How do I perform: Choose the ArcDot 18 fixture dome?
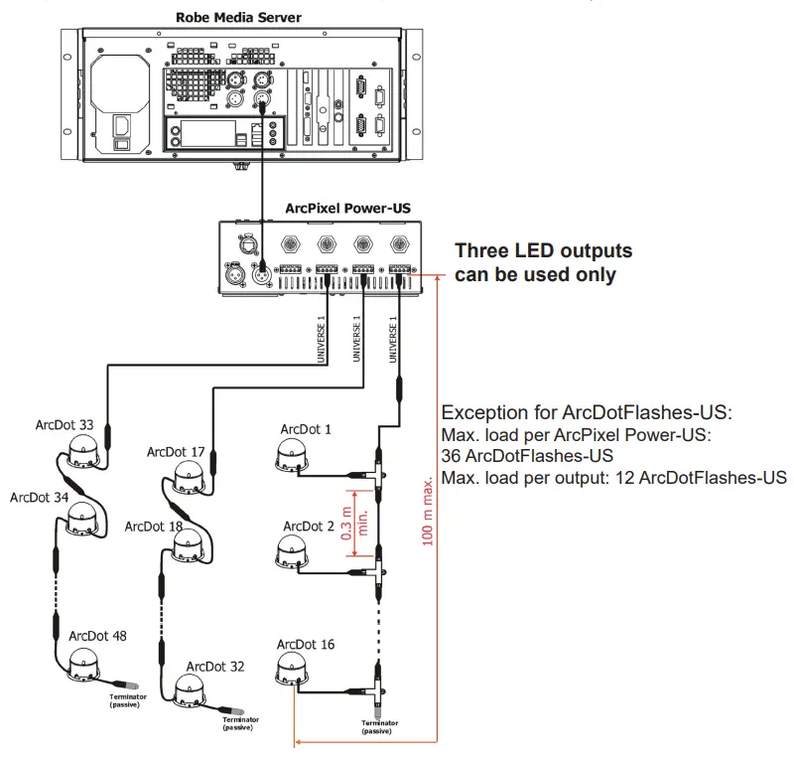pos(186,545)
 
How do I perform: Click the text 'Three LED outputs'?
pos(543,251)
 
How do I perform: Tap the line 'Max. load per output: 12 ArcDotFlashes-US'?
pos(612,478)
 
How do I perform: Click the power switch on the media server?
pos(121,128)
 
